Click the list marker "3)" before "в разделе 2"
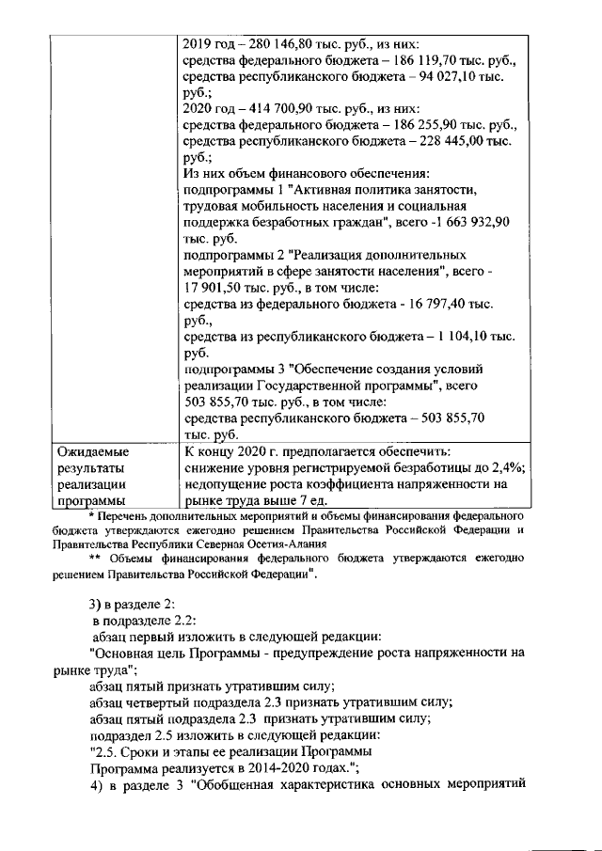pyautogui.click(x=95, y=603)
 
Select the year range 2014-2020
pyautogui.click(x=306, y=768)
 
